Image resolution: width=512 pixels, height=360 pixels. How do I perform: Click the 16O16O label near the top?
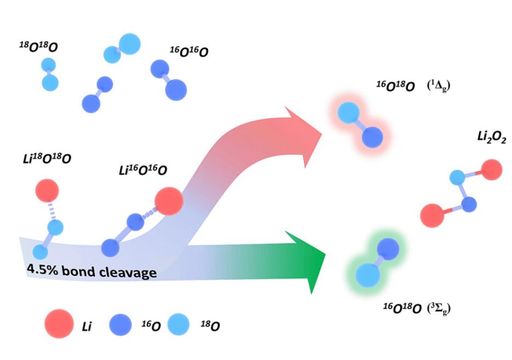[x=189, y=52]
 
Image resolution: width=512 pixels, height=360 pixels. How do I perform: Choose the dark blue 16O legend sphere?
[x=122, y=324]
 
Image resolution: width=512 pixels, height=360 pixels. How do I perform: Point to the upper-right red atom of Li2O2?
[x=491, y=170]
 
